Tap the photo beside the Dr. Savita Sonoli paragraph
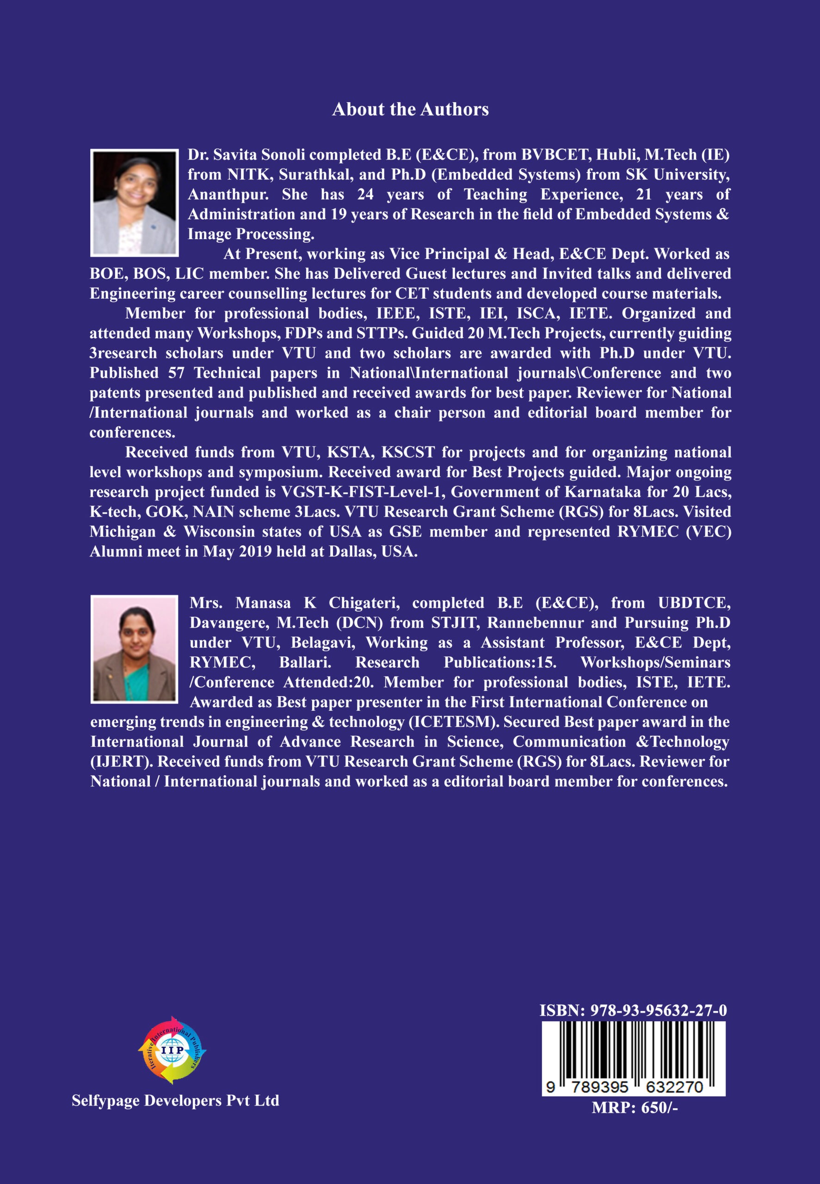(x=134, y=203)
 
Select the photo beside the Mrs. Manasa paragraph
(x=134, y=649)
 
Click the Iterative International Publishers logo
(x=172, y=1050)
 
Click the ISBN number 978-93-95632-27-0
(x=658, y=1011)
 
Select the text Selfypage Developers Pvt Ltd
(x=175, y=1100)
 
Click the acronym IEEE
(x=397, y=313)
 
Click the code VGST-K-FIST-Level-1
(x=363, y=492)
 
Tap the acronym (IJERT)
(x=122, y=762)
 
